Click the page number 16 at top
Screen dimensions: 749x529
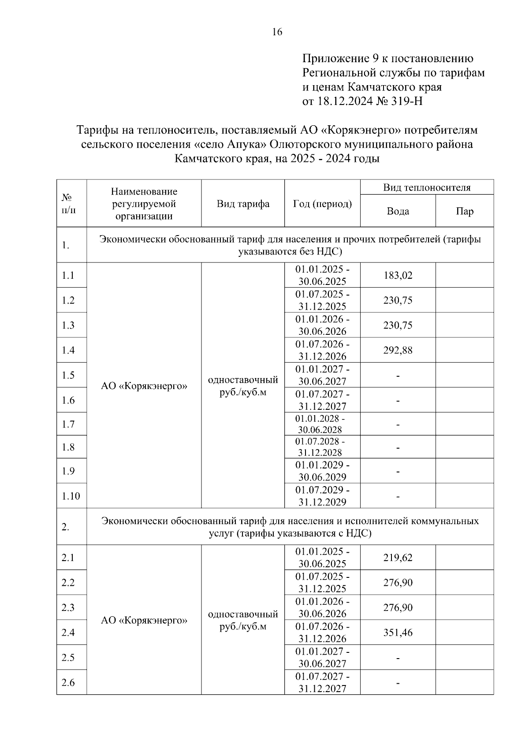point(277,32)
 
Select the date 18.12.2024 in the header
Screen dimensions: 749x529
point(344,101)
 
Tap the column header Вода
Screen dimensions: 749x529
point(398,211)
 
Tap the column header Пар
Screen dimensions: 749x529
point(465,211)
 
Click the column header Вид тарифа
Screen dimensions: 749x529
point(243,204)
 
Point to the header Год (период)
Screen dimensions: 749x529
point(322,204)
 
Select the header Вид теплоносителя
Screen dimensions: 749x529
point(426,187)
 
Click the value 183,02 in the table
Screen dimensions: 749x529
point(398,275)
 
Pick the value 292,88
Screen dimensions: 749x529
point(398,350)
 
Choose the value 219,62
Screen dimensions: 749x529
point(398,558)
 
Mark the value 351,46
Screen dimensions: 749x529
point(398,633)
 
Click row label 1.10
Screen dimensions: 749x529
point(71,496)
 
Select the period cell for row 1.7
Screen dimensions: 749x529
point(320,424)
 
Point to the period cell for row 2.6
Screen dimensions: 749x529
point(322,682)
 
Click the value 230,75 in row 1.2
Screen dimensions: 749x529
point(398,300)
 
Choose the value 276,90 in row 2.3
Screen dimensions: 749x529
point(398,607)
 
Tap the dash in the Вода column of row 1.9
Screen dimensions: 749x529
point(398,472)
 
